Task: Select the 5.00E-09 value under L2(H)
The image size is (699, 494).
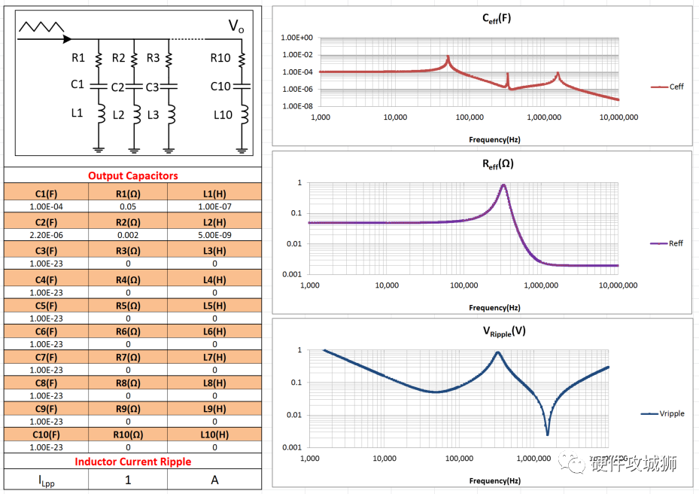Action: pyautogui.click(x=214, y=235)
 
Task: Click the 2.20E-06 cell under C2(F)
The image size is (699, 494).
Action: pyautogui.click(x=47, y=235)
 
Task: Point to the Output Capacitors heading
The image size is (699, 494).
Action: pyautogui.click(x=133, y=175)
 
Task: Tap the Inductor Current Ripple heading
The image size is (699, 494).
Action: pyautogui.click(x=133, y=462)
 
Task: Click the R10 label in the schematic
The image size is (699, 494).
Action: pyautogui.click(x=220, y=58)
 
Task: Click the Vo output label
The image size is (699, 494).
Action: pyautogui.click(x=236, y=27)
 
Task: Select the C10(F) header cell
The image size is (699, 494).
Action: pyautogui.click(x=47, y=435)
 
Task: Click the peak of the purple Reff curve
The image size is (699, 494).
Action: pyautogui.click(x=503, y=185)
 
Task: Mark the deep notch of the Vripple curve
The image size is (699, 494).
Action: pyautogui.click(x=547, y=433)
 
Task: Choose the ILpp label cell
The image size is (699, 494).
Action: pyautogui.click(x=47, y=480)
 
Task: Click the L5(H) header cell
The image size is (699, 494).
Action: pyautogui.click(x=214, y=306)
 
